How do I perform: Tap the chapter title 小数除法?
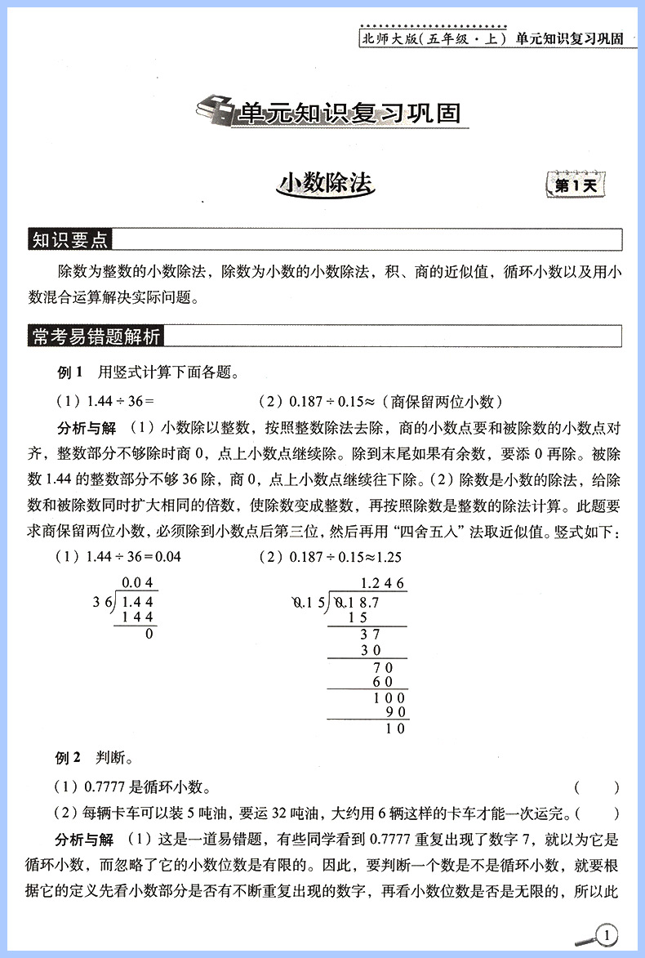tap(325, 183)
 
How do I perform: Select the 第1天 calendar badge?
tap(576, 185)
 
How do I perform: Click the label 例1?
tap(70, 373)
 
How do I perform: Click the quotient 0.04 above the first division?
tap(138, 583)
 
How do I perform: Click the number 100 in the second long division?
tap(389, 697)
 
